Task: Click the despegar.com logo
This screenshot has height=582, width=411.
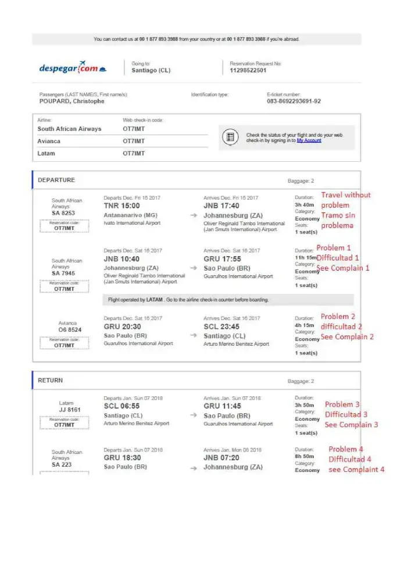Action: click(x=73, y=69)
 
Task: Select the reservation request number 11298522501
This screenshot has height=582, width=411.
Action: click(x=248, y=70)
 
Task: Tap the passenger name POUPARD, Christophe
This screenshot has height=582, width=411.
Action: click(x=72, y=101)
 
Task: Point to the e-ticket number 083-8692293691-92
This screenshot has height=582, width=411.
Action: click(x=294, y=101)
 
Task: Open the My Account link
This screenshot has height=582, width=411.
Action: click(x=309, y=140)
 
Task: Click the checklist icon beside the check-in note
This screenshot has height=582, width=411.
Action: click(x=230, y=137)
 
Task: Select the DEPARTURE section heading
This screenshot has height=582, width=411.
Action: click(x=56, y=180)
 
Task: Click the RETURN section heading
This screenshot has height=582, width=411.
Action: click(x=50, y=380)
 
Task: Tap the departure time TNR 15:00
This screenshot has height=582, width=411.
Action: click(x=121, y=206)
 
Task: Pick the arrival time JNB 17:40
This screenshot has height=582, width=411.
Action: click(x=221, y=206)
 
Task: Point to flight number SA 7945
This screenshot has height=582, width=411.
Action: click(x=63, y=273)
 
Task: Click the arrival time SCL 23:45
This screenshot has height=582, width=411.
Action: click(x=222, y=327)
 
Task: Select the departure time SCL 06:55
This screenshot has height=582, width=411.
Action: click(x=121, y=406)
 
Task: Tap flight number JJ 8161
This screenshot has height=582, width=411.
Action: click(x=70, y=410)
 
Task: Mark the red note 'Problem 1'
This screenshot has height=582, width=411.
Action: click(x=334, y=248)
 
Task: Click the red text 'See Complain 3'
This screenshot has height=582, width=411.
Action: click(x=351, y=425)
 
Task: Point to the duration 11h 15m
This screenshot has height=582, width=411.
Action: click(x=306, y=257)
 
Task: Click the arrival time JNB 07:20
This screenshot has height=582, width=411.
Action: click(x=221, y=458)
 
